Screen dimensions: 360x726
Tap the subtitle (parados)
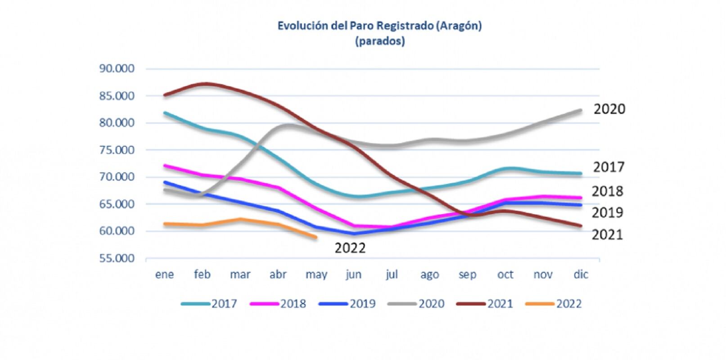click(380, 41)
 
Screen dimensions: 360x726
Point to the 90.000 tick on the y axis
click(117, 68)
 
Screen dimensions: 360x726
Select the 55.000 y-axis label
click(117, 258)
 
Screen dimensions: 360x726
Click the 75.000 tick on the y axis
click(117, 150)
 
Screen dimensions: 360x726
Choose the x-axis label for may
click(316, 274)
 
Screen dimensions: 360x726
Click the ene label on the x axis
click(164, 274)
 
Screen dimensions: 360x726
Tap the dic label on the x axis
click(581, 274)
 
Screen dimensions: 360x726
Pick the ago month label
click(429, 274)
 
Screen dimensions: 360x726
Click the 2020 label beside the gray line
click(609, 109)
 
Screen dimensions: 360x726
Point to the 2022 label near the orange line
click(350, 248)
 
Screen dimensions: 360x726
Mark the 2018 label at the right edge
click(607, 191)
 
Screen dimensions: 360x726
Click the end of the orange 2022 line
click(316, 237)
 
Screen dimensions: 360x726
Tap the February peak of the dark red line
click(205, 84)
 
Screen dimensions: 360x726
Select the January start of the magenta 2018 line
click(165, 166)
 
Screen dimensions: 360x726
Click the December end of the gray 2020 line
click(580, 110)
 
